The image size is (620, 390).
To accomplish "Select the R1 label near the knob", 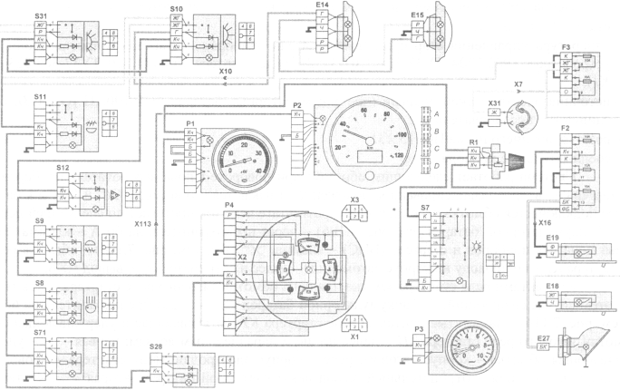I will tap(474, 141).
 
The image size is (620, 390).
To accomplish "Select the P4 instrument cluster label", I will tap(231, 207).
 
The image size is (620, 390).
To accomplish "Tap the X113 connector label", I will tap(144, 222).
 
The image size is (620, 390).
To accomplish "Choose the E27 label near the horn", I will tap(543, 336).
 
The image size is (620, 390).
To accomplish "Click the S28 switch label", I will tap(157, 346).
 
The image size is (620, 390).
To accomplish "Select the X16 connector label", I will tap(544, 222).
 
